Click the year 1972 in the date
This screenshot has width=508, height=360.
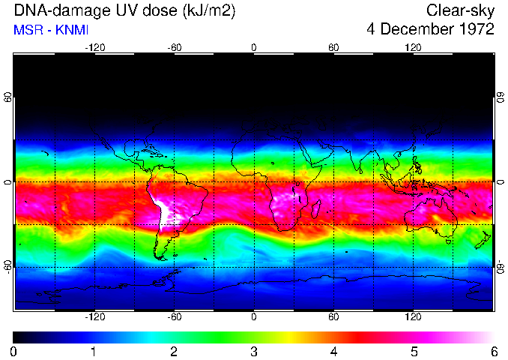(x=475, y=29)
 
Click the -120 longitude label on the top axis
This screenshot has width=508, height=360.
(x=94, y=47)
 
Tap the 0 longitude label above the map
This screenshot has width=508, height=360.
(x=254, y=47)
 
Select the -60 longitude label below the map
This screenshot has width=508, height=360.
(x=174, y=316)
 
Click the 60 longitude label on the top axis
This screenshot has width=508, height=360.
(x=333, y=47)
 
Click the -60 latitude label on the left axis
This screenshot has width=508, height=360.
(x=9, y=266)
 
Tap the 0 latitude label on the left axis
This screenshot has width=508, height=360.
(x=9, y=182)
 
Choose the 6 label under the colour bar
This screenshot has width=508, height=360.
(x=493, y=351)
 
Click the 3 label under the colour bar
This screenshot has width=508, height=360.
(x=254, y=351)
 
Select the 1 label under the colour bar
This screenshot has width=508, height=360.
(x=94, y=351)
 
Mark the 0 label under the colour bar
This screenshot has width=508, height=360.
(x=14, y=351)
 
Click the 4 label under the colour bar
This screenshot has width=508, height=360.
(x=333, y=351)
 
